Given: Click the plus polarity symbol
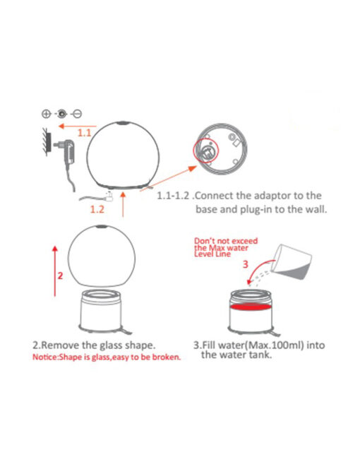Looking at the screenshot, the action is (x=47, y=114).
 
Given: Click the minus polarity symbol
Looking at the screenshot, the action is (x=78, y=114).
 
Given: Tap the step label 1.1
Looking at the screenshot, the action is (x=84, y=133).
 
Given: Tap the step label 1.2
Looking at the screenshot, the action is (x=97, y=209).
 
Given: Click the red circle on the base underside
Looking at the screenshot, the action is (x=206, y=151).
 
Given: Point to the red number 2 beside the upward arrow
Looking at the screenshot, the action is (x=61, y=276).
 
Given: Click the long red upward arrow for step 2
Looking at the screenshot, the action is (x=55, y=271).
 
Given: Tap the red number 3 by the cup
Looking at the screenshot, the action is (x=246, y=264).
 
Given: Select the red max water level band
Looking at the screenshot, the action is (x=250, y=307).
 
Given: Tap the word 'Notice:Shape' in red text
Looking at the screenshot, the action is (x=52, y=357).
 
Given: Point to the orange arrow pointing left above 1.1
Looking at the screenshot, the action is (x=78, y=126).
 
